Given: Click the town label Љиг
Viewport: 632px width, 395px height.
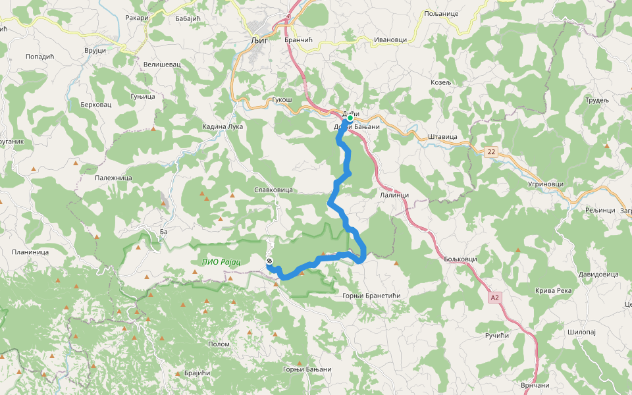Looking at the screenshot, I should (x=258, y=39).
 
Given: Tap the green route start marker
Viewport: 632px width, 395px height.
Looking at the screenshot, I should (x=350, y=118).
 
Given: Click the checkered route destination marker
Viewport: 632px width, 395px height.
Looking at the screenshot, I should (x=269, y=262).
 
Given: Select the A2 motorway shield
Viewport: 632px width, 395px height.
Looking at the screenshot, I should (x=495, y=298).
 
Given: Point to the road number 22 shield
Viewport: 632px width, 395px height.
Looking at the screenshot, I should (x=490, y=152).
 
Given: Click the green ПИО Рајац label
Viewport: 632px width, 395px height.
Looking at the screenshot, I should (x=221, y=262).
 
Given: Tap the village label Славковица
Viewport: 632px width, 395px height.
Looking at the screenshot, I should (x=273, y=190).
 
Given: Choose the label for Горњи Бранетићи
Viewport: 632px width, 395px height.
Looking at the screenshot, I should (x=372, y=296).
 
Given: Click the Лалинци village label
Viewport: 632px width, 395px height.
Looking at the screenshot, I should (x=395, y=195).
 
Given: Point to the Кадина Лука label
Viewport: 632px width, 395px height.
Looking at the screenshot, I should (x=223, y=126).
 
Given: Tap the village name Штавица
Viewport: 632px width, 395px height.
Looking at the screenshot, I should (x=442, y=137).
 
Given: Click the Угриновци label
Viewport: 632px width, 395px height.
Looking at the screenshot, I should (x=546, y=184).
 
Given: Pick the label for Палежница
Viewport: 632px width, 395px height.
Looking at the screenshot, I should (x=114, y=178).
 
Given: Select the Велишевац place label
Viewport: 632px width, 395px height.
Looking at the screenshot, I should (x=161, y=65).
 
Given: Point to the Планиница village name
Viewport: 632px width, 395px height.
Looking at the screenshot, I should (x=30, y=252).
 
